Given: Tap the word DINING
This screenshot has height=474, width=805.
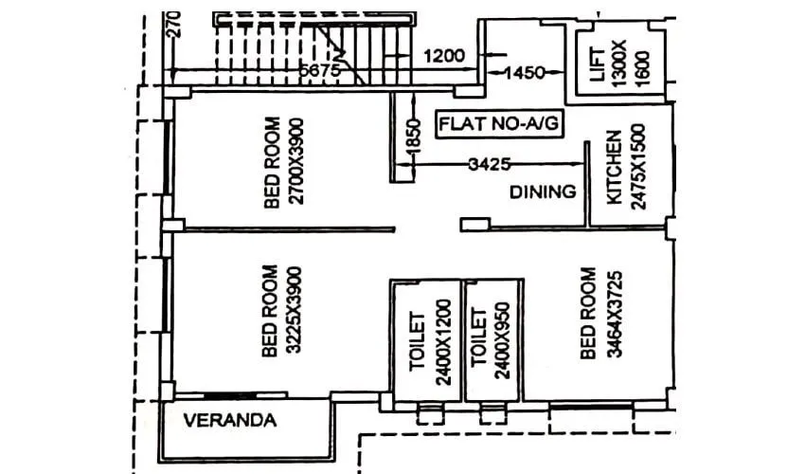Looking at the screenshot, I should tap(543, 191).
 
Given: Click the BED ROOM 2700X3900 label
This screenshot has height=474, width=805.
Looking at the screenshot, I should tap(281, 162).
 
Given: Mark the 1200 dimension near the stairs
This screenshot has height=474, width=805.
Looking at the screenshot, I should tap(444, 55).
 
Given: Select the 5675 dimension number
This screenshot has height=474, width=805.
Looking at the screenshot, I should tap(319, 69).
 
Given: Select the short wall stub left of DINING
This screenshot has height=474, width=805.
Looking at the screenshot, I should tap(474, 225).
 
